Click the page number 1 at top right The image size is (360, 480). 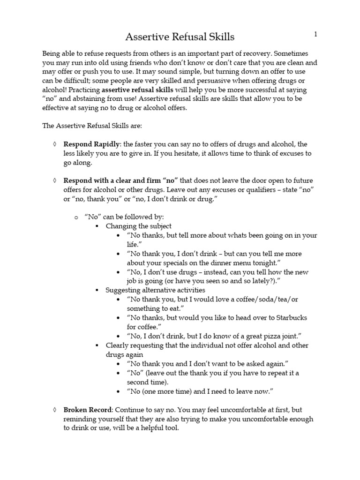point(316,34)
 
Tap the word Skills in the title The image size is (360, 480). point(220,37)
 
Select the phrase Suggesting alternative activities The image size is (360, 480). point(149,290)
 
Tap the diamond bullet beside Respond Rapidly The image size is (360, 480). point(55,144)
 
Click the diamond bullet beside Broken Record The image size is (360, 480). point(55,409)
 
